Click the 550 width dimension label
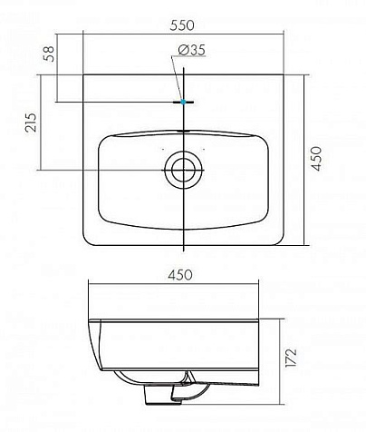(182, 25)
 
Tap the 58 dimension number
(49, 54)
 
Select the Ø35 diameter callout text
(192, 50)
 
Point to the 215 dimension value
(31, 123)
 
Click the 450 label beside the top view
(317, 159)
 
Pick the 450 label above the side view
(180, 275)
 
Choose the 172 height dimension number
(291, 358)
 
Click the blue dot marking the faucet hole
(183, 102)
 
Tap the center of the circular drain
(183, 170)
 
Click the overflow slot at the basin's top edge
(183, 131)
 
